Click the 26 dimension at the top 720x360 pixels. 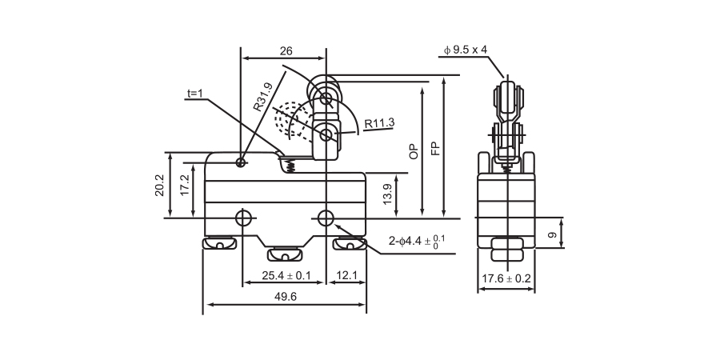tap(286, 51)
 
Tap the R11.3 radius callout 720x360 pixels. tap(379, 123)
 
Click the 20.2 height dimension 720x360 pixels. tap(160, 186)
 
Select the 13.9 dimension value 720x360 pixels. tap(388, 194)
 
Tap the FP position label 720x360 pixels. tap(434, 148)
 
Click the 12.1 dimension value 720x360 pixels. tap(346, 276)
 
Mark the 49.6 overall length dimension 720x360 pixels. tap(286, 297)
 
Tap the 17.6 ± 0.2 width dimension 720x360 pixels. tap(506, 278)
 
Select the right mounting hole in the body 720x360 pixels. tap(326, 218)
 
